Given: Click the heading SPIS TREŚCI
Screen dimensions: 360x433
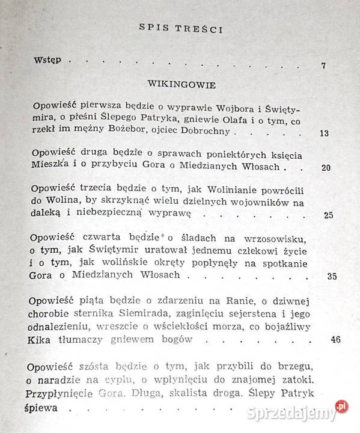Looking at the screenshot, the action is (180, 27).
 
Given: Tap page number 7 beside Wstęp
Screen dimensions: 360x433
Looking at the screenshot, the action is (323, 65).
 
